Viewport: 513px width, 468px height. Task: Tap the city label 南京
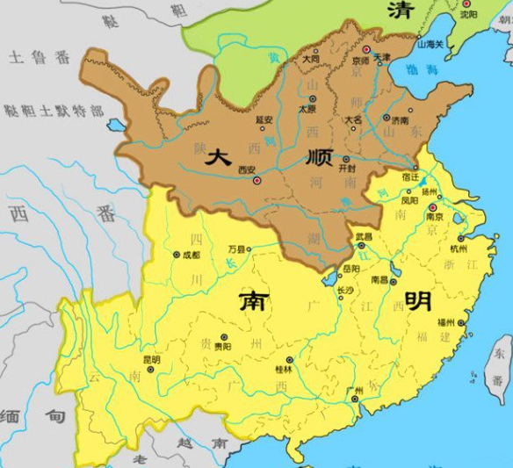tap(432, 217)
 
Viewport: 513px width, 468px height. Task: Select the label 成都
tap(191, 255)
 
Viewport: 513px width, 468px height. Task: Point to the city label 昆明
tap(150, 359)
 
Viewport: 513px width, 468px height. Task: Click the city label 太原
tap(307, 110)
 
